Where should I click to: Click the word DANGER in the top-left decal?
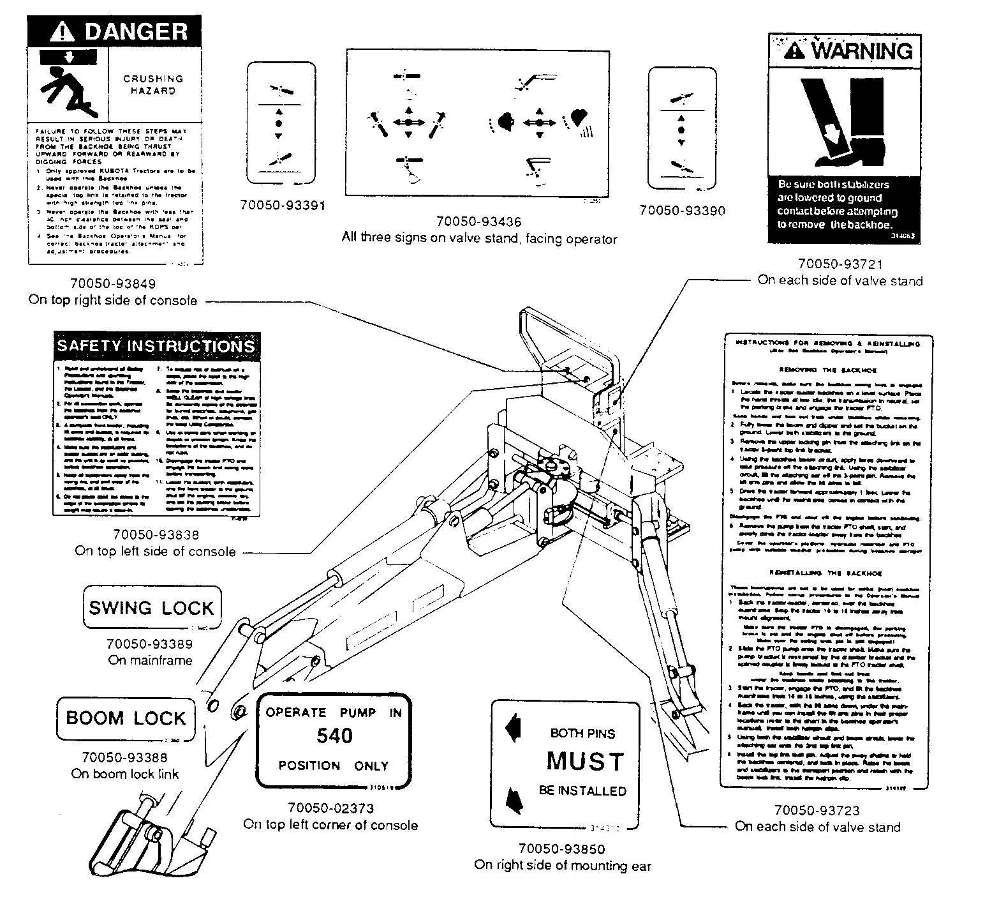(136, 31)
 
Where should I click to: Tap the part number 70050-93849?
(112, 283)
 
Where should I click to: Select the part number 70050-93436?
(478, 222)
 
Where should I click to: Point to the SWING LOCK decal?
(152, 607)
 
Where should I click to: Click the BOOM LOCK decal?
(126, 718)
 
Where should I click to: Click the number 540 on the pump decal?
(334, 736)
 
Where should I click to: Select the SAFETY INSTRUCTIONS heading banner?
(156, 346)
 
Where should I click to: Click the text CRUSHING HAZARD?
(153, 84)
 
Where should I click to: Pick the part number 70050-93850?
(561, 849)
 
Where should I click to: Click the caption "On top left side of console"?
(155, 551)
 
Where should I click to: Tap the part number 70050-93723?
(817, 810)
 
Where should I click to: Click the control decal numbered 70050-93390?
(681, 129)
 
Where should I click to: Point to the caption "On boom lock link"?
(125, 774)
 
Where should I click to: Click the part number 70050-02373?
(330, 808)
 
